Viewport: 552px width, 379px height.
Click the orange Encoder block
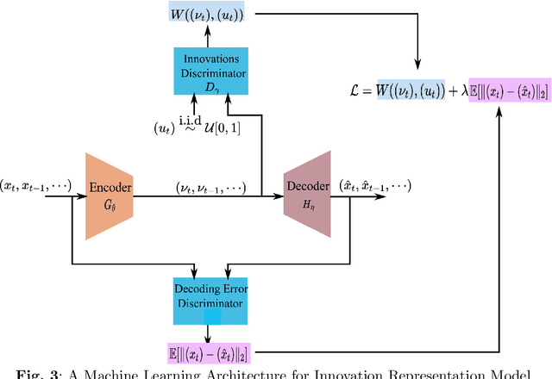(110, 196)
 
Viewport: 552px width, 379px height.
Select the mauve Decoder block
(308, 196)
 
